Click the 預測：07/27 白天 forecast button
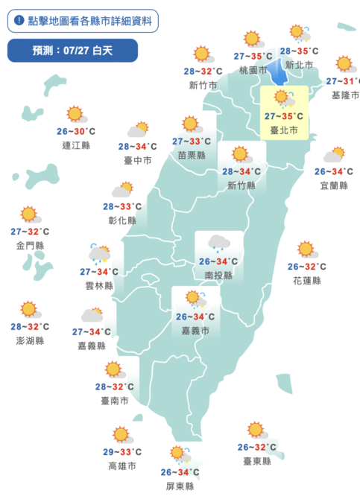point(72,51)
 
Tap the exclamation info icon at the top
point(19,21)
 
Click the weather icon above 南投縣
point(218,243)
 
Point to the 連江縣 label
point(76,145)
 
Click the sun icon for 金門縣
point(29,214)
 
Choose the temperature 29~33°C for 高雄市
point(121,452)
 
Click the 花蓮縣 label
point(306,281)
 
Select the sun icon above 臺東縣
point(256,430)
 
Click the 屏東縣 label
point(180,486)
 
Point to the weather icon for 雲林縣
point(98,253)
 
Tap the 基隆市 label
point(345,95)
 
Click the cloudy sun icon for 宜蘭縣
point(333,155)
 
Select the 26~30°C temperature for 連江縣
point(76,132)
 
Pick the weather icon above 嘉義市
point(197,299)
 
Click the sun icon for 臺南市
point(114,369)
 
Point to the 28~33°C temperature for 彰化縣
point(122,206)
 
